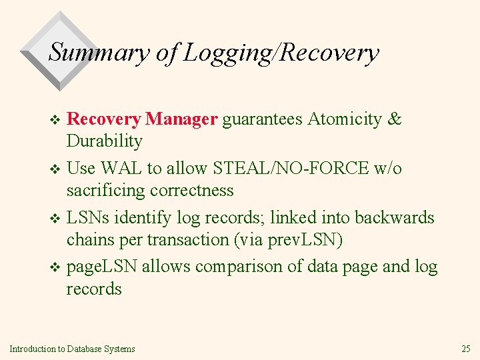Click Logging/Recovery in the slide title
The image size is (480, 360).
(x=281, y=52)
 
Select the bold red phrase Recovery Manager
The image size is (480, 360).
(x=143, y=119)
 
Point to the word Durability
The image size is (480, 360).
(x=104, y=141)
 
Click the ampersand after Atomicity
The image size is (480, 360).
(x=395, y=119)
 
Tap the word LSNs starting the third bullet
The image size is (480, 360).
(x=90, y=217)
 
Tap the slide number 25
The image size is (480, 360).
(x=465, y=348)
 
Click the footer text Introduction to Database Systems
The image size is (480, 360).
(x=73, y=348)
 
